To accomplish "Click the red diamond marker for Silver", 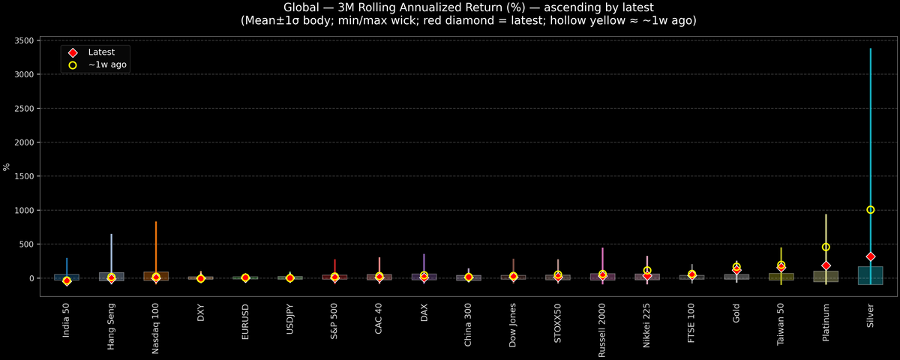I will tap(870, 256).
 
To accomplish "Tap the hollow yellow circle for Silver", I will tap(870, 210).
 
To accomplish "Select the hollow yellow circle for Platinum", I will tap(826, 247).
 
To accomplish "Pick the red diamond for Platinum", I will tap(826, 265).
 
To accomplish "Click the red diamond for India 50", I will tap(67, 281).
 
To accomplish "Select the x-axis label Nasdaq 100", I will tap(156, 329).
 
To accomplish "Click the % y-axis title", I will tap(7, 166).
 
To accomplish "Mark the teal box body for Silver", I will tap(870, 275).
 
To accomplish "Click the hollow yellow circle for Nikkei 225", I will tap(647, 270).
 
